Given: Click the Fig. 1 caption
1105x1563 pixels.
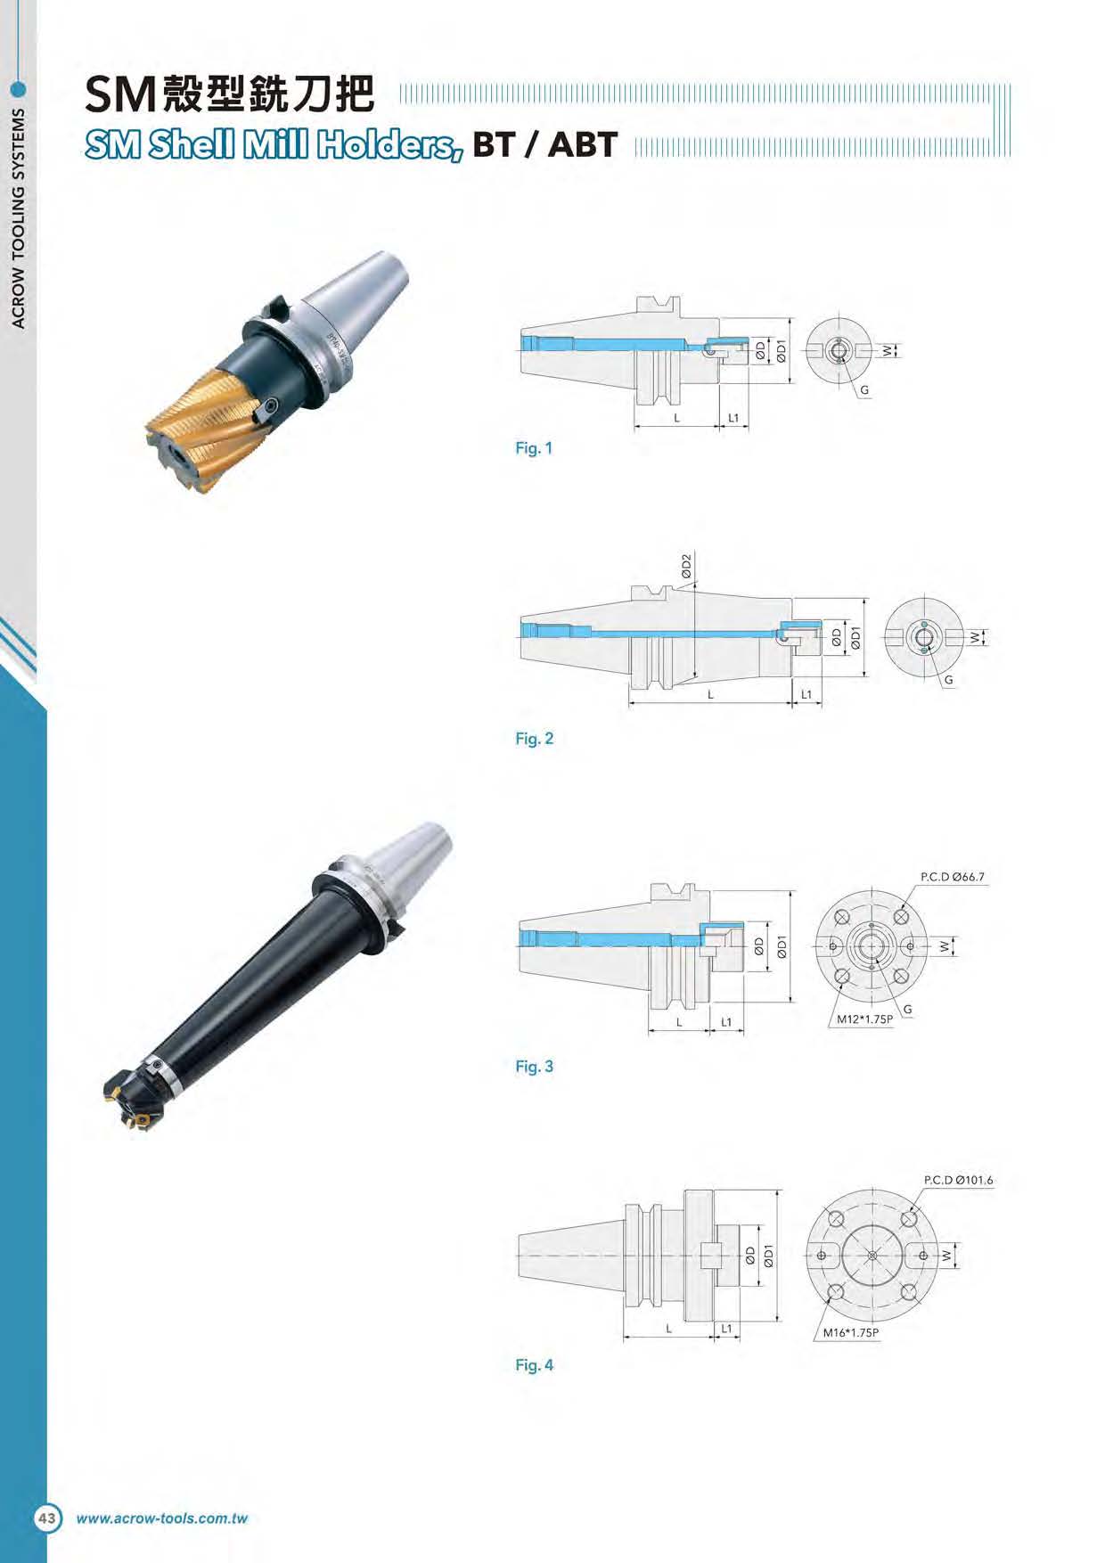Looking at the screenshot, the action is [x=534, y=448].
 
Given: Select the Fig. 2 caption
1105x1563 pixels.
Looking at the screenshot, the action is [x=534, y=739].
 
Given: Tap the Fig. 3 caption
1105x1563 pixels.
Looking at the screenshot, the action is [x=534, y=1067].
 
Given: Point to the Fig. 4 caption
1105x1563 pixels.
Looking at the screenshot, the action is [x=534, y=1365].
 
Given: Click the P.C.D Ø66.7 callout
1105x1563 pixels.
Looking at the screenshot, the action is [x=953, y=877].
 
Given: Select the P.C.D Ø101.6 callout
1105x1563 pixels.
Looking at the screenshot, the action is [x=958, y=1180].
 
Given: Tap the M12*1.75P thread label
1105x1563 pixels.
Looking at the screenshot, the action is [x=864, y=1019].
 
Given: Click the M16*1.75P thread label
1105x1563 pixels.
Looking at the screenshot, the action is [x=851, y=1333].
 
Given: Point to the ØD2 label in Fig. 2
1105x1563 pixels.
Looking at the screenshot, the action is [x=685, y=567].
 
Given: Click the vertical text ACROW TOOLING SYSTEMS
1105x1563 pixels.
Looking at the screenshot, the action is [x=19, y=217].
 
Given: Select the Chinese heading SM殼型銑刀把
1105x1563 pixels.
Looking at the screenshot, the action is [x=229, y=94].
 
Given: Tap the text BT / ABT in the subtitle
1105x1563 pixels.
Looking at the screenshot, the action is [x=544, y=144].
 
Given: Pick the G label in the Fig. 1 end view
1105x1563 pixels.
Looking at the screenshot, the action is [x=864, y=390].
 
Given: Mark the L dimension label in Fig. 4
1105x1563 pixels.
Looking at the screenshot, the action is [x=668, y=1329].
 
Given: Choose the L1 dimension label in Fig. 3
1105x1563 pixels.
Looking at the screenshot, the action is [x=726, y=1022].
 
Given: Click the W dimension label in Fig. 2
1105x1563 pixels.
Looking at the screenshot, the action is [x=977, y=637].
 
